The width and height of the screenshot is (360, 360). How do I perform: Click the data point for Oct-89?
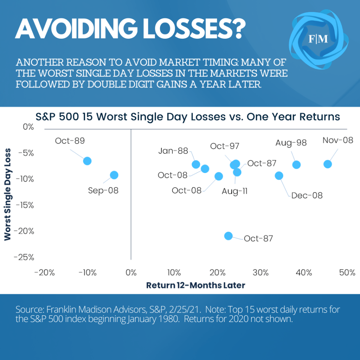[87, 161]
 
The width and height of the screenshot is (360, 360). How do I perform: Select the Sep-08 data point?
[114, 175]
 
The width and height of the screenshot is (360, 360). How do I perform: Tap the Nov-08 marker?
[328, 164]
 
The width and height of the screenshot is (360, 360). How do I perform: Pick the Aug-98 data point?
[296, 165]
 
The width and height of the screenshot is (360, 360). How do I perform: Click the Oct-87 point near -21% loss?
[229, 236]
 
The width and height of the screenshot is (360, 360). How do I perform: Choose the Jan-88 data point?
[196, 164]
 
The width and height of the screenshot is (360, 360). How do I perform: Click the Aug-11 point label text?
[234, 191]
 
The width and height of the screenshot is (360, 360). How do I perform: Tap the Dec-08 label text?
[307, 195]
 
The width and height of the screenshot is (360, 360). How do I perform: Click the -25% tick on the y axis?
[24, 257]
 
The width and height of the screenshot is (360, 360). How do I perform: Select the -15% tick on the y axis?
[24, 205]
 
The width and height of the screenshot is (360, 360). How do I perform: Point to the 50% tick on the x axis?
[347, 272]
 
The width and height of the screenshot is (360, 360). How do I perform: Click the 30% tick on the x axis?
[261, 272]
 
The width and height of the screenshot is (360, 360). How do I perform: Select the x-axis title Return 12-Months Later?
[195, 285]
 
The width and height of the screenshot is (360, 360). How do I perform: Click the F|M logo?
[318, 39]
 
